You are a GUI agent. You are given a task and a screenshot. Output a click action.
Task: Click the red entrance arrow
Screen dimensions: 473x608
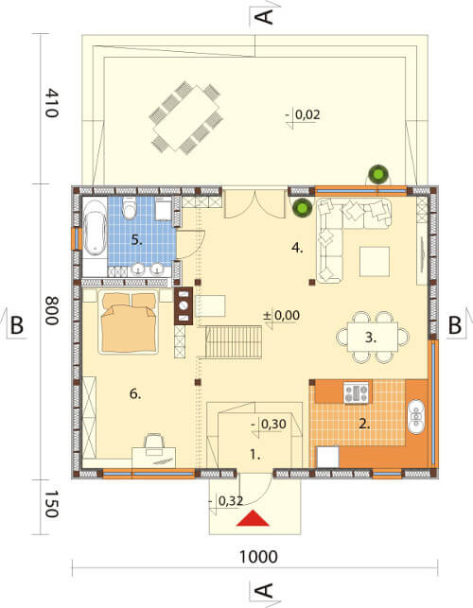point(253,518)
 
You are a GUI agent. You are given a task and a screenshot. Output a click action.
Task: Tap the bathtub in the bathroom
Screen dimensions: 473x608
point(95,228)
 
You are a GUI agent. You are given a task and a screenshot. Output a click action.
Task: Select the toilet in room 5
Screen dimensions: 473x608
point(129,207)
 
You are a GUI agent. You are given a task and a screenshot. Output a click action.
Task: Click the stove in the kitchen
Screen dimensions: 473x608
point(356,392)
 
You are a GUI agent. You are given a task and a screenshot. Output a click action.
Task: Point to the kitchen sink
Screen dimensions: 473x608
point(416,416)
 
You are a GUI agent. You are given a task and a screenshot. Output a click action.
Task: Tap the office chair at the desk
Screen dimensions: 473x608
point(154,444)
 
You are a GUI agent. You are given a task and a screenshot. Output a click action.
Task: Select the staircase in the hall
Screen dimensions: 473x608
point(234,342)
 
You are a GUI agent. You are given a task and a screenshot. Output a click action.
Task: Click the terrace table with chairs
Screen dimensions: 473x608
point(185,117)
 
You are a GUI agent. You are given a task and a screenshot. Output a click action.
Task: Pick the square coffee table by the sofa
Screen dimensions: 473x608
point(375,261)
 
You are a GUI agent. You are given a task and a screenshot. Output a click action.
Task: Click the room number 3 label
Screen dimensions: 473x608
point(371,338)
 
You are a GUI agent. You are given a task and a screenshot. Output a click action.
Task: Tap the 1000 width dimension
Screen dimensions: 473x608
point(258,557)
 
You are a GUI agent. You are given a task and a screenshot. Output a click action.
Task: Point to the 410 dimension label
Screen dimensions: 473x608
point(52,103)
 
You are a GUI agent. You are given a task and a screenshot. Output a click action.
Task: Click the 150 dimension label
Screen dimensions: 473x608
point(52,504)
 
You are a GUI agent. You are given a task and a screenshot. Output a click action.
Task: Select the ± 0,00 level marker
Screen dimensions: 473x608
point(281,315)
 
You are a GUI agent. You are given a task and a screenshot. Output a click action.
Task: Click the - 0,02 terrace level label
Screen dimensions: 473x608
point(303,114)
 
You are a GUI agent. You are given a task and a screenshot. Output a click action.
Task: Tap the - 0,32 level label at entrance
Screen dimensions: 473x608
point(226,501)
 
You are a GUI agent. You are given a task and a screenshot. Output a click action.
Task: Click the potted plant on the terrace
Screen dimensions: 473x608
point(378,174)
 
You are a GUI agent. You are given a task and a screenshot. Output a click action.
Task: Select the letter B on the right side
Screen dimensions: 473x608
point(455,325)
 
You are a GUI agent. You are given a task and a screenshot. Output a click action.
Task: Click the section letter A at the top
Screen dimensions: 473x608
point(266,17)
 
